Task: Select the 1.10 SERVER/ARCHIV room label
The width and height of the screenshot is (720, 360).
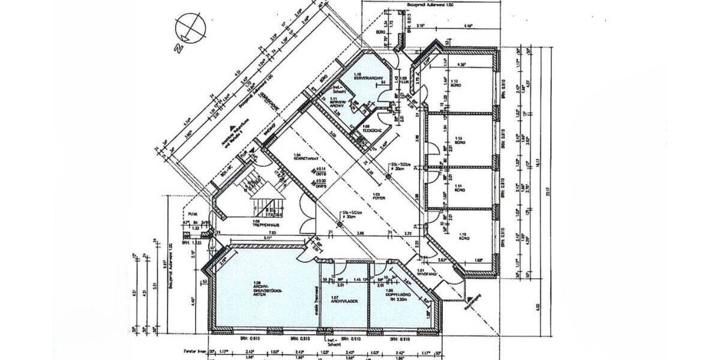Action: click(x=364, y=76)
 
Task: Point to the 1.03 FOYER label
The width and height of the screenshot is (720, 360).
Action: click(x=377, y=196)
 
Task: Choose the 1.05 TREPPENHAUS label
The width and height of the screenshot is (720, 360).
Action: click(x=260, y=222)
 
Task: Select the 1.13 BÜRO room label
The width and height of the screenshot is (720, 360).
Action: click(x=460, y=136)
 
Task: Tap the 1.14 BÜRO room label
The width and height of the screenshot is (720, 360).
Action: click(x=460, y=187)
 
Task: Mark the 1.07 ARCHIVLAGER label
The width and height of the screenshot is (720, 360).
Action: click(x=340, y=299)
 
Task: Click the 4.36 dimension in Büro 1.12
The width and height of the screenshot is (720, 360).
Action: click(x=461, y=64)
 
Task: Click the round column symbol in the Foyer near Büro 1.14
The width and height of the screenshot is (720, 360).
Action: click(x=388, y=176)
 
